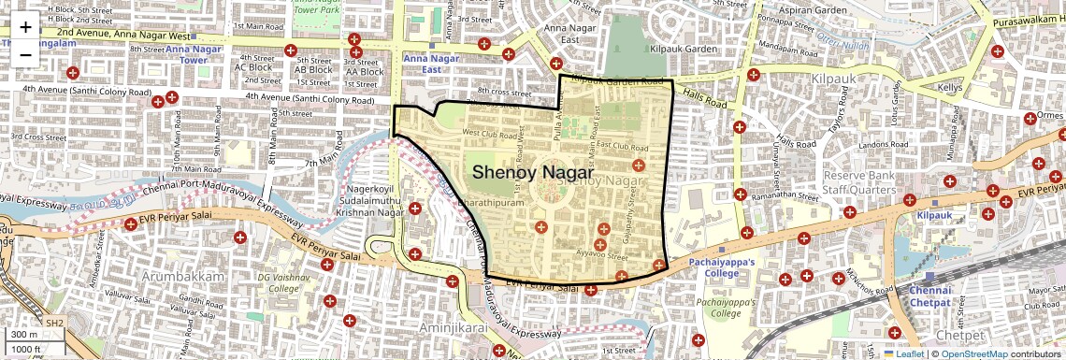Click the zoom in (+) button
pyautogui.click(x=25, y=27)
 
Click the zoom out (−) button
pyautogui.click(x=25, y=53)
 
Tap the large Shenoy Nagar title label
pyautogui.click(x=532, y=173)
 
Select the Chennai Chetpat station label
pyautogui.click(x=929, y=296)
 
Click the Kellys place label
pyautogui.click(x=950, y=87)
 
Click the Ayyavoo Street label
pyautogui.click(x=600, y=253)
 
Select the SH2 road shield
pyautogui.click(x=55, y=323)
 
